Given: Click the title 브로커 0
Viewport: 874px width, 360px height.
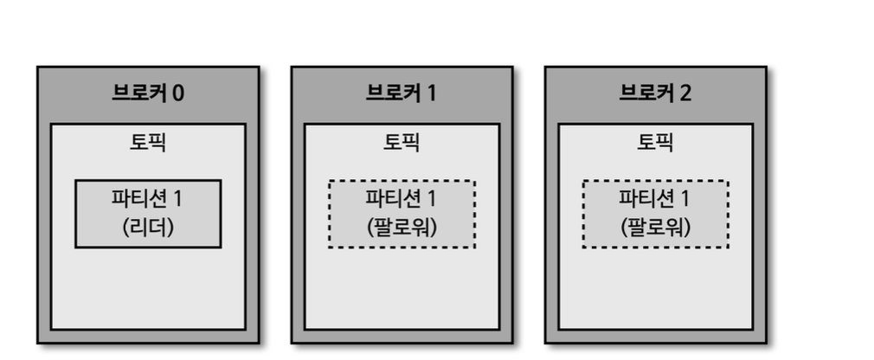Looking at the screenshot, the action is pyautogui.click(x=148, y=93).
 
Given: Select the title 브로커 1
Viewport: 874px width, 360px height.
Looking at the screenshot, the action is pyautogui.click(x=402, y=93).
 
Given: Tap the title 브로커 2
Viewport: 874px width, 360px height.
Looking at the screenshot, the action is pyautogui.click(x=655, y=93).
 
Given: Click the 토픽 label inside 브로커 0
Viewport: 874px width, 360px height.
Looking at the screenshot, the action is pyautogui.click(x=148, y=142).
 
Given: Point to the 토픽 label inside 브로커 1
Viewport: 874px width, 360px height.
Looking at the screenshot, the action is pyautogui.click(x=402, y=142).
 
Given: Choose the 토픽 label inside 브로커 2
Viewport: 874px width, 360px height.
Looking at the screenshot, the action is pyautogui.click(x=655, y=142).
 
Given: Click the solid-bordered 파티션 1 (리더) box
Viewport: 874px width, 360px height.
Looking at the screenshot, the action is pyautogui.click(x=148, y=214).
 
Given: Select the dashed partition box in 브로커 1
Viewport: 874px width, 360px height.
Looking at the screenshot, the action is pyautogui.click(x=402, y=214).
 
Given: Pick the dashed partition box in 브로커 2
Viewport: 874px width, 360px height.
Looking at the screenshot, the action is pyautogui.click(x=655, y=214).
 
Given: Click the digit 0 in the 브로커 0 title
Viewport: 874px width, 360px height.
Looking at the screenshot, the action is pyautogui.click(x=177, y=93).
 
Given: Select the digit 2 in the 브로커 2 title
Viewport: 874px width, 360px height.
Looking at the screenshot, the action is pyautogui.click(x=685, y=93).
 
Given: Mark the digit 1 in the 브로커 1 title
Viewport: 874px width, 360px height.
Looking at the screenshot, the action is pyautogui.click(x=431, y=93).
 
